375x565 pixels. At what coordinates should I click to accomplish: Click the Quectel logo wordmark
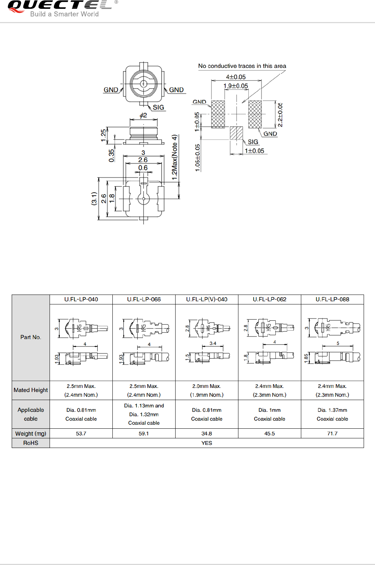pos(59,6)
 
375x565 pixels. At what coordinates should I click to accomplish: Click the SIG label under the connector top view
pos(158,107)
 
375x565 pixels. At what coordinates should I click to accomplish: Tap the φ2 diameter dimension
pos(143,115)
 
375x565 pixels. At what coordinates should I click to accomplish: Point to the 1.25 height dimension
pos(104,135)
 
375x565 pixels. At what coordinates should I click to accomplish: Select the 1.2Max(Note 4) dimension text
pos(175,157)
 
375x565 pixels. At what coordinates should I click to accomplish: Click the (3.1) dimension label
pos(94,198)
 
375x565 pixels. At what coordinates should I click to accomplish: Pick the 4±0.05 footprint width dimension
pos(236,77)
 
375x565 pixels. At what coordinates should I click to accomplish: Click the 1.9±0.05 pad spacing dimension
pos(236,86)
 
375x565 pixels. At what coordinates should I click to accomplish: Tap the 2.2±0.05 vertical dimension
pos(280,115)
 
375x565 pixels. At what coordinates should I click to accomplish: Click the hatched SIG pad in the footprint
pos(237,133)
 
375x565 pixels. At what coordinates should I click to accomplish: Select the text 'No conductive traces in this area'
pos(242,66)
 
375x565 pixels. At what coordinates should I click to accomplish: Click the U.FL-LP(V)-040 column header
pos(207,299)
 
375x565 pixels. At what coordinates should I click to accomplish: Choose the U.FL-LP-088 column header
pos(332,299)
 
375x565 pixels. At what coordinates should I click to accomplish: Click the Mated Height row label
pos(31,390)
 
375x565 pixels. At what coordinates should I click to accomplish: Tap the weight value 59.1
pos(144,433)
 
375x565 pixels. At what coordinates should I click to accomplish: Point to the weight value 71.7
pos(332,433)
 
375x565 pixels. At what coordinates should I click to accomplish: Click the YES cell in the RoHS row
pos(207,443)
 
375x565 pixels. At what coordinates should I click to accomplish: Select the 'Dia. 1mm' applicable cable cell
pos(270,414)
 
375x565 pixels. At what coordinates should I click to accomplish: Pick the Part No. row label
pos(31,337)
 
